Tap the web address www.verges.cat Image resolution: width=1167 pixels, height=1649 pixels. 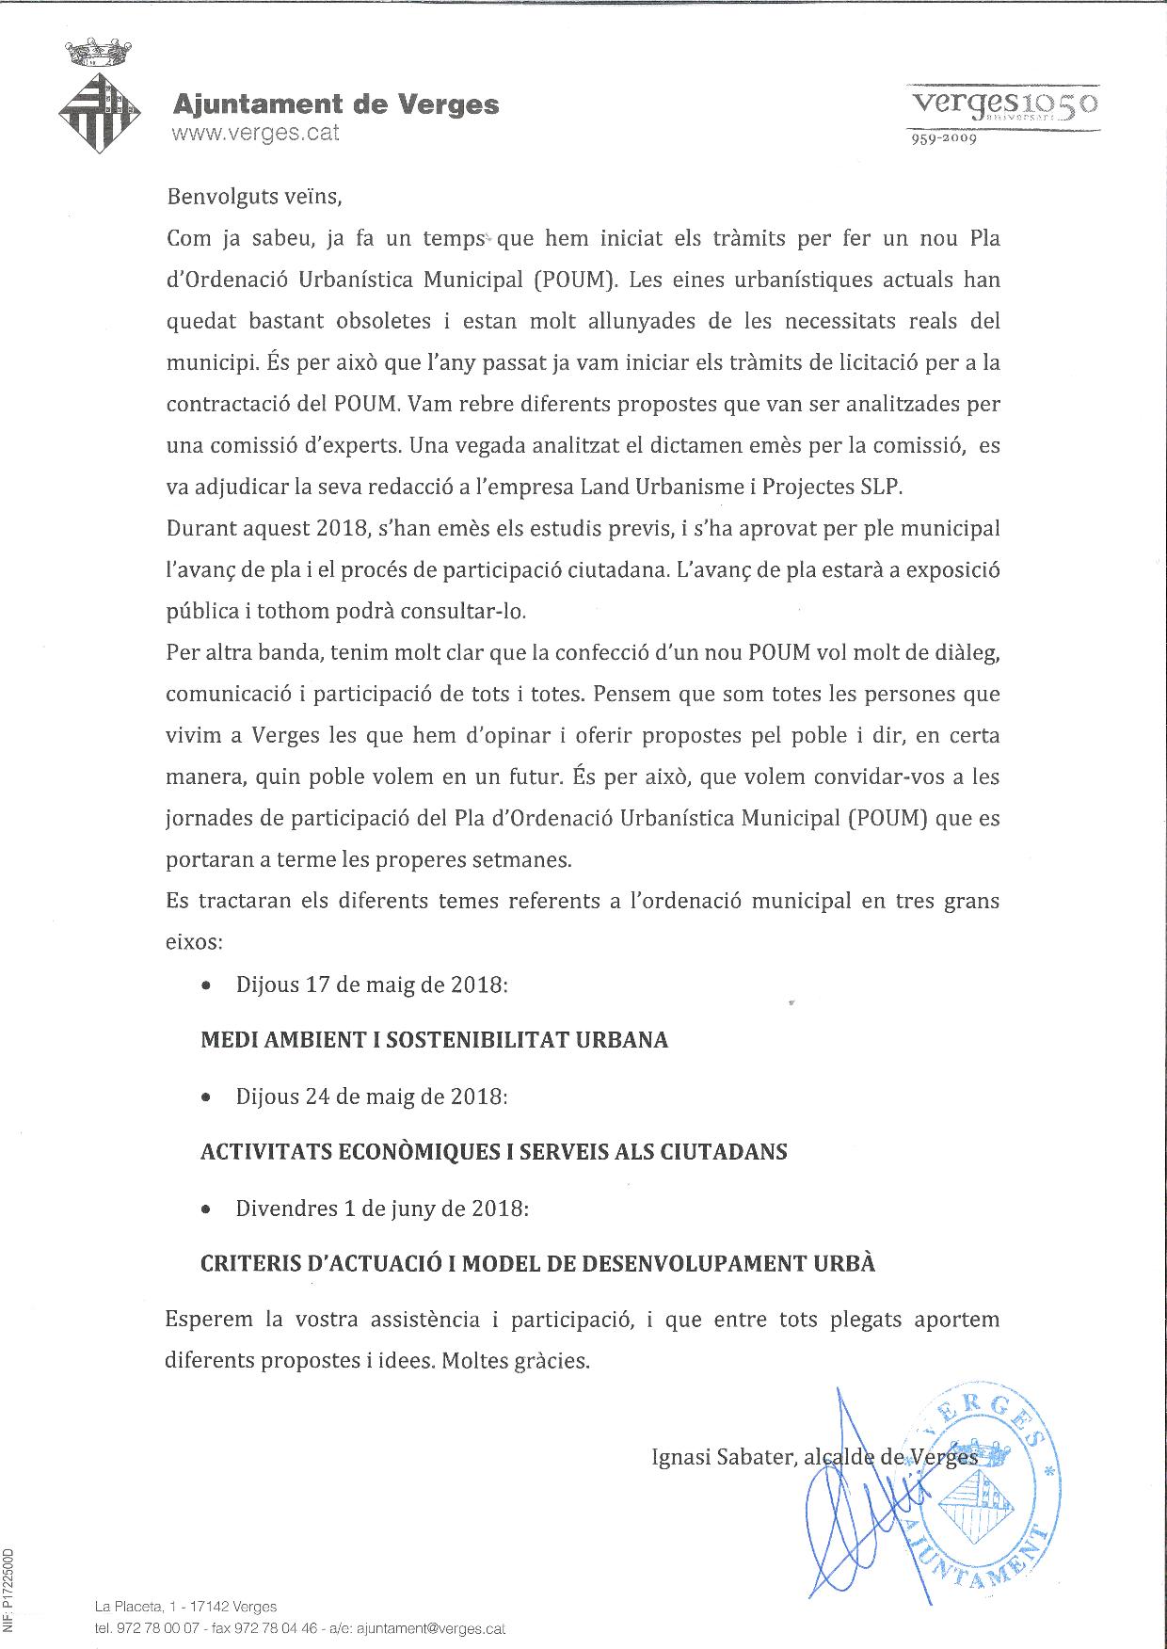point(255,133)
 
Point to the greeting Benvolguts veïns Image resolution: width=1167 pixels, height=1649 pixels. point(250,198)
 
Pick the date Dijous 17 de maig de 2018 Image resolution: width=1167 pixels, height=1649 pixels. point(372,985)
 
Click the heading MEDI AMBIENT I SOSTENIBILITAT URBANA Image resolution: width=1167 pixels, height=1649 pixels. point(434,1040)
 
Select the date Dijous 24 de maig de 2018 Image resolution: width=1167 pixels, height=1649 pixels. point(372,1097)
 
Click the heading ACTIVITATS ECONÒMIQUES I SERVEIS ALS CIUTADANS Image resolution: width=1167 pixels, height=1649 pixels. point(493,1152)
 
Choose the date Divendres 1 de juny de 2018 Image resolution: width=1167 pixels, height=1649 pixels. point(382,1209)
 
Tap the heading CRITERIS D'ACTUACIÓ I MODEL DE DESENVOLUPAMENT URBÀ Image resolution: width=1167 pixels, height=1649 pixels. point(537,1264)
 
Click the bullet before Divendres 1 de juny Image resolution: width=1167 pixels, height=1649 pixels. point(206,1210)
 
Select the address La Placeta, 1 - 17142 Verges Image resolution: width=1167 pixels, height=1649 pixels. point(185,1607)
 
